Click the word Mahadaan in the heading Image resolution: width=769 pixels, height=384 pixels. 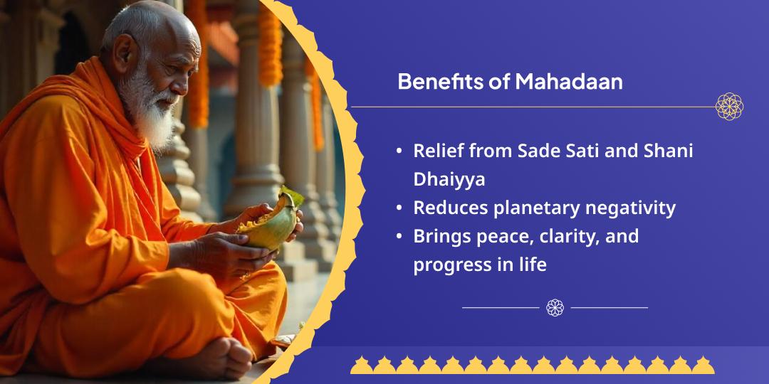click(569, 82)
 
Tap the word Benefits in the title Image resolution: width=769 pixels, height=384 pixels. click(440, 82)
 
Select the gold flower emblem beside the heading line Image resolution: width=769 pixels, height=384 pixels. click(729, 106)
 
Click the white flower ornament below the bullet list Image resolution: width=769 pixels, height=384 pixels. click(555, 308)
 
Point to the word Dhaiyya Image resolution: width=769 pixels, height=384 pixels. click(449, 180)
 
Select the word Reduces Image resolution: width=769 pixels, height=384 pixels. click(450, 208)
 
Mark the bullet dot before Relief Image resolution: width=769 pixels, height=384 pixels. click(399, 151)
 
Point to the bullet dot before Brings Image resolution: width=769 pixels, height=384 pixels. click(399, 237)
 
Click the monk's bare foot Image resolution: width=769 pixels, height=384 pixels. click(223, 358)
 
